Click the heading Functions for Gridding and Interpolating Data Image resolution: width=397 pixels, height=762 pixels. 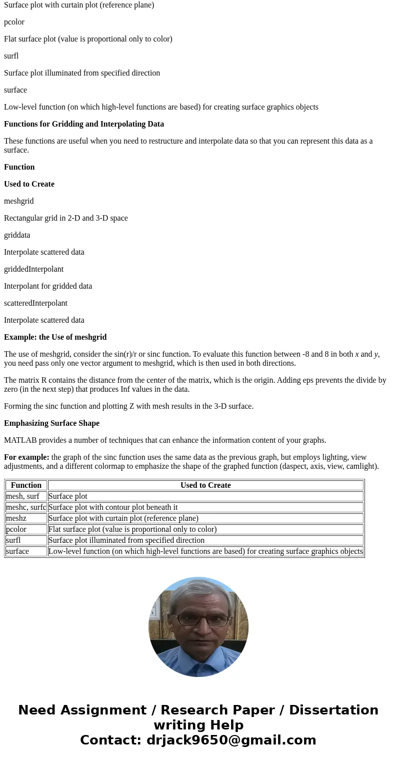click(84, 124)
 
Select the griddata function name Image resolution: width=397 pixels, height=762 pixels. click(17, 235)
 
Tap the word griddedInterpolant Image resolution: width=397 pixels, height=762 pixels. click(33, 269)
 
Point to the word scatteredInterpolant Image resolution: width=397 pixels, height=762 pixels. click(35, 303)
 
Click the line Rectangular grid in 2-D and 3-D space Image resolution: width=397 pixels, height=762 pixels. click(66, 218)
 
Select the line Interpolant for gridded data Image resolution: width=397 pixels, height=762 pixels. click(48, 286)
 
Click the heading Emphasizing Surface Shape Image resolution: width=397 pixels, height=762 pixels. click(51, 423)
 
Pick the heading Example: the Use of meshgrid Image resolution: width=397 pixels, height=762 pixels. click(55, 337)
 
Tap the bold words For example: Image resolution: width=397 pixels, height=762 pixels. click(26, 457)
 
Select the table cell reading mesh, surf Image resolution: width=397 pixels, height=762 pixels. click(22, 496)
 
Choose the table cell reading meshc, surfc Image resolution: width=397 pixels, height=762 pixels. click(26, 507)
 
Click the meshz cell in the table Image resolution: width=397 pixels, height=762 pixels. click(16, 518)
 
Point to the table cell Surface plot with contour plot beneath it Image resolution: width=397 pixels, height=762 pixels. click(113, 507)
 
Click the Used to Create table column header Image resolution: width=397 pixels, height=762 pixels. click(205, 485)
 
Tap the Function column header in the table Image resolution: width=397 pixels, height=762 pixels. click(26, 485)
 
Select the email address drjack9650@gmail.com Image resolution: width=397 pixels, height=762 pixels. click(231, 740)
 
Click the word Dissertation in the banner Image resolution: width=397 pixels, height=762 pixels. click(333, 710)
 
